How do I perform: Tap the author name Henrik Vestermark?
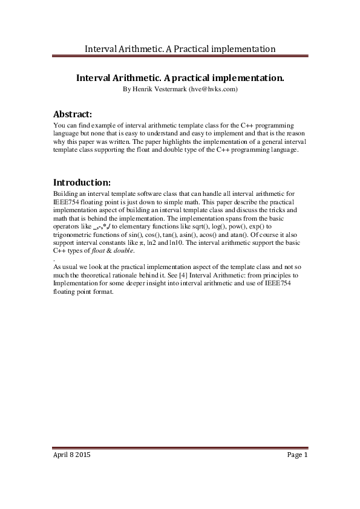pos(160,89)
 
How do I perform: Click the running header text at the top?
pos(180,48)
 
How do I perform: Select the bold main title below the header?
pos(180,79)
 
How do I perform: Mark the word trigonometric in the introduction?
pos(76,234)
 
